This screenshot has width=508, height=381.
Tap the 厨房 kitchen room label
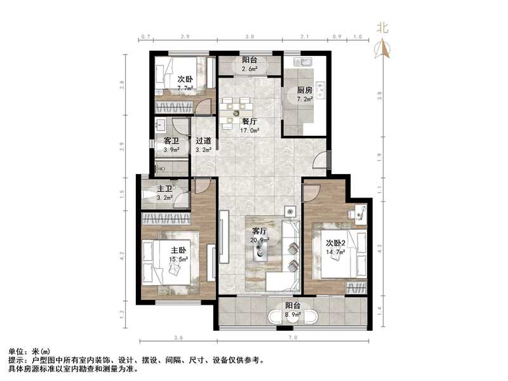pos(305,90)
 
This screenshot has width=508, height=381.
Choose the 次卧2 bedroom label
pos(335,243)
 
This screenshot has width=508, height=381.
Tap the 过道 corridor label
pos(203,141)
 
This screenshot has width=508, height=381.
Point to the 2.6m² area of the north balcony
pos(250,69)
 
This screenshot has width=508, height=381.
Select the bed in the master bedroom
pos(166,260)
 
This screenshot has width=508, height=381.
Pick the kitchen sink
pos(300,63)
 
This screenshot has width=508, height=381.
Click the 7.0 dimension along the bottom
pos(293,337)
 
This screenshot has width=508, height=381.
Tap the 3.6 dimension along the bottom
pos(178,337)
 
